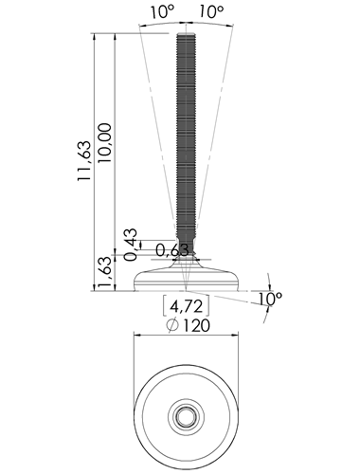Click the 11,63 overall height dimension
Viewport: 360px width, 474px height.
click(84, 161)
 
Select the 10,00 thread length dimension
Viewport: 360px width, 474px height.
click(105, 143)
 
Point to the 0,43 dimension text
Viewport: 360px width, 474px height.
click(131, 245)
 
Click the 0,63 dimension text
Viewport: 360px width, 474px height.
click(172, 250)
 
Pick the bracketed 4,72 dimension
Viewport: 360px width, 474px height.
click(186, 306)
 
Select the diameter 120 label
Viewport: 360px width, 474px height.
click(189, 325)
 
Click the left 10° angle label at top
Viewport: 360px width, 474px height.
click(162, 12)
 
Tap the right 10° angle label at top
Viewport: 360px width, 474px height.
click(211, 12)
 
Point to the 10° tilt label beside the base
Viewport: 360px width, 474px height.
click(270, 299)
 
